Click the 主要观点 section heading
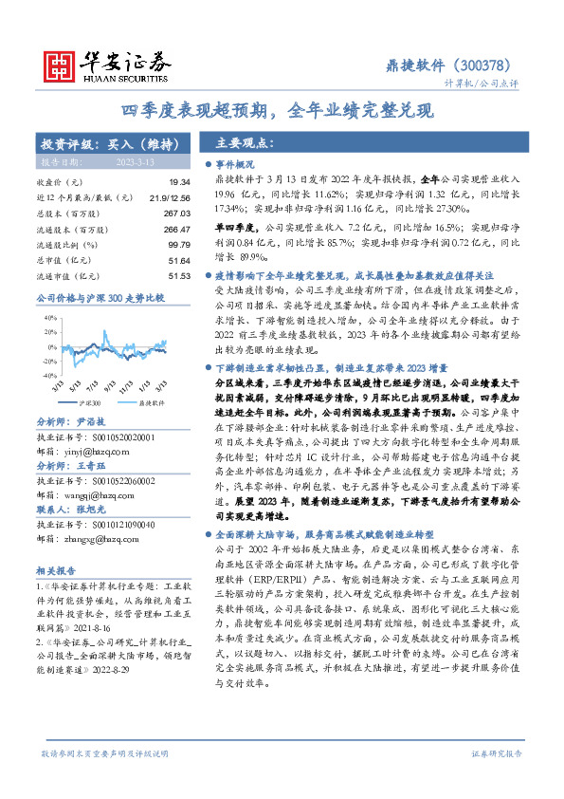(x=246, y=144)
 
